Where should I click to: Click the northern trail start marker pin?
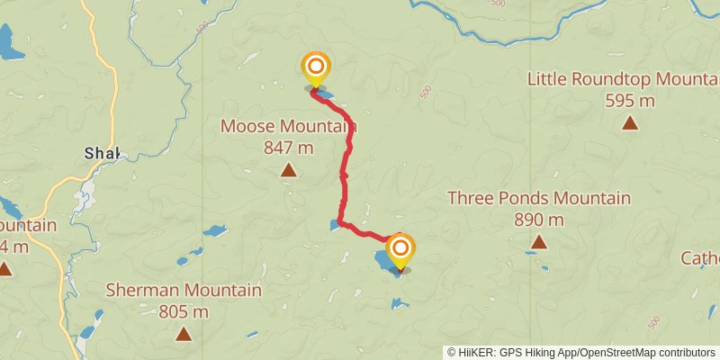click(316, 68)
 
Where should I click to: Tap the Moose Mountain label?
click(288, 127)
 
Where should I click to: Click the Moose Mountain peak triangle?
click(288, 170)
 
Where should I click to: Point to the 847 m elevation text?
click(288, 147)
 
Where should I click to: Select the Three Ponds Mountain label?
click(538, 198)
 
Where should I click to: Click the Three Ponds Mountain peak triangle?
click(538, 241)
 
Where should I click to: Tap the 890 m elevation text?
click(538, 219)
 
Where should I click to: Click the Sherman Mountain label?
click(184, 291)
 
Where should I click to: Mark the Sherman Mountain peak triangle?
click(184, 335)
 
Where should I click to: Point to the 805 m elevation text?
click(184, 312)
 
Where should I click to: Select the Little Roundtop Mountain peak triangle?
click(629, 122)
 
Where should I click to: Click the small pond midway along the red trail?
click(336, 224)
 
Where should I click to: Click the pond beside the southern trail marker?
click(386, 262)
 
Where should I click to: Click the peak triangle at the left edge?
click(4, 268)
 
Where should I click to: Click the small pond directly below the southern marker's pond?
click(400, 303)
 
